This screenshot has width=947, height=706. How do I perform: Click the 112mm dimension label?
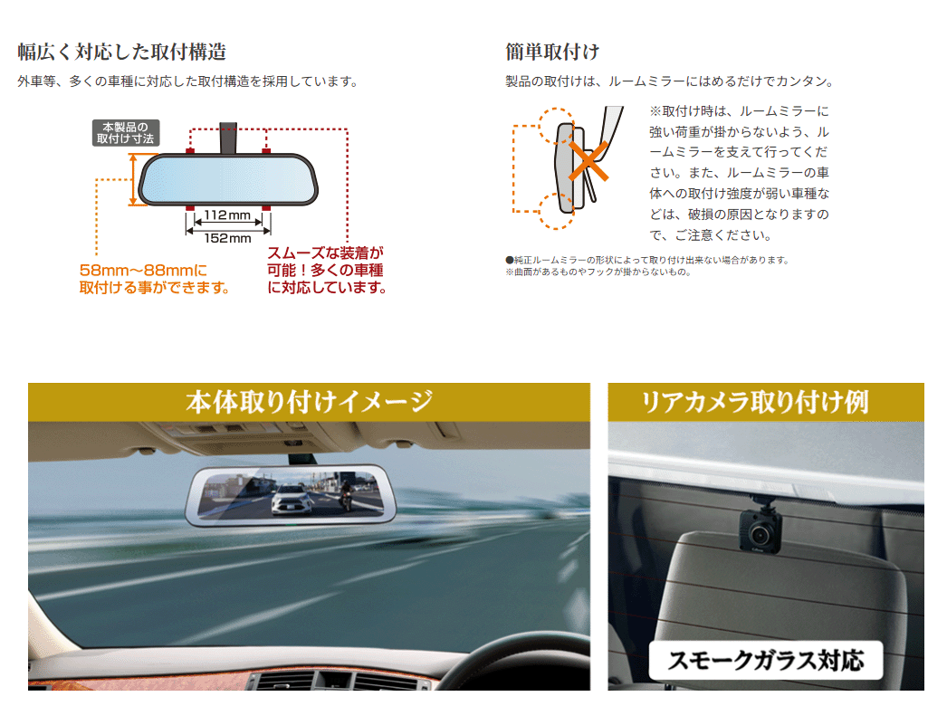coord(227,215)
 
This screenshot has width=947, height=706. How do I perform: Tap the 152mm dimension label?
coord(227,238)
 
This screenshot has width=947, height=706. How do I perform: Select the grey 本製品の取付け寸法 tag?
coord(126,133)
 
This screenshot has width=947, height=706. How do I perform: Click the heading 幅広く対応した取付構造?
coord(121,52)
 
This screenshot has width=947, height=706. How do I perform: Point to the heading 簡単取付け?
coord(552,52)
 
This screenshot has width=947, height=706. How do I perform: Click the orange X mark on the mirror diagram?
coord(588,161)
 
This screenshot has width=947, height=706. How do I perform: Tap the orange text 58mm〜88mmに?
coord(143,270)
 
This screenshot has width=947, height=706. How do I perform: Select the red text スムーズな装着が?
coord(326,253)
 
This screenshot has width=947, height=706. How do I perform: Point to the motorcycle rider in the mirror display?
coord(346,491)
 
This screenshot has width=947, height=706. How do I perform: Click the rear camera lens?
coord(759,533)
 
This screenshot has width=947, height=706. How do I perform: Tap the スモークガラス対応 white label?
coord(766,660)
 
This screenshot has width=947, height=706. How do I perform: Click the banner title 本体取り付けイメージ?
coord(310,402)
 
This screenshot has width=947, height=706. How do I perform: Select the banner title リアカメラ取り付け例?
coord(755,402)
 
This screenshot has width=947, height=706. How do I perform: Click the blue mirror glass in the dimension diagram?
coord(228,179)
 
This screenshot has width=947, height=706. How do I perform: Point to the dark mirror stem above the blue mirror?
coord(228,138)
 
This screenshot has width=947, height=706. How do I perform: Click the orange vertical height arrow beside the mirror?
coord(134,179)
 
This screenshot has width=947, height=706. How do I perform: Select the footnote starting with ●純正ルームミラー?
coord(647,260)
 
